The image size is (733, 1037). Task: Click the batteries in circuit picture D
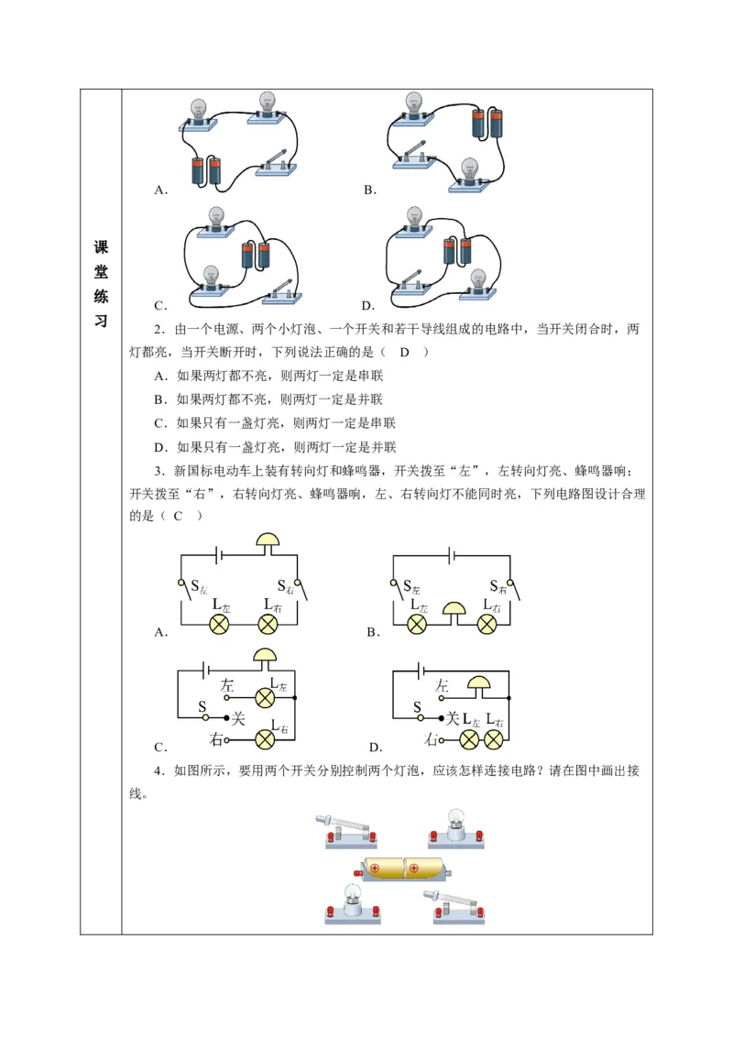(x=456, y=251)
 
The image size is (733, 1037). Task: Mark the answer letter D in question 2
(x=403, y=352)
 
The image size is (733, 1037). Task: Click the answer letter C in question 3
(x=179, y=516)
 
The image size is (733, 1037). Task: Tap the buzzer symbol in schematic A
(x=267, y=540)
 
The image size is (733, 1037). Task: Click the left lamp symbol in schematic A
(x=220, y=624)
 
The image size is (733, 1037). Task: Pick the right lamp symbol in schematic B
(x=487, y=624)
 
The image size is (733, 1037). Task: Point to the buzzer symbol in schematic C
(x=265, y=655)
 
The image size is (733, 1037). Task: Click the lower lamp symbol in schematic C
(x=265, y=738)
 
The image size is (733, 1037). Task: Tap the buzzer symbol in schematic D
(x=478, y=682)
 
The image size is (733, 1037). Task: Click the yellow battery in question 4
(x=403, y=868)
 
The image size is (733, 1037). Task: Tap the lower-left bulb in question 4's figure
(x=352, y=903)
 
